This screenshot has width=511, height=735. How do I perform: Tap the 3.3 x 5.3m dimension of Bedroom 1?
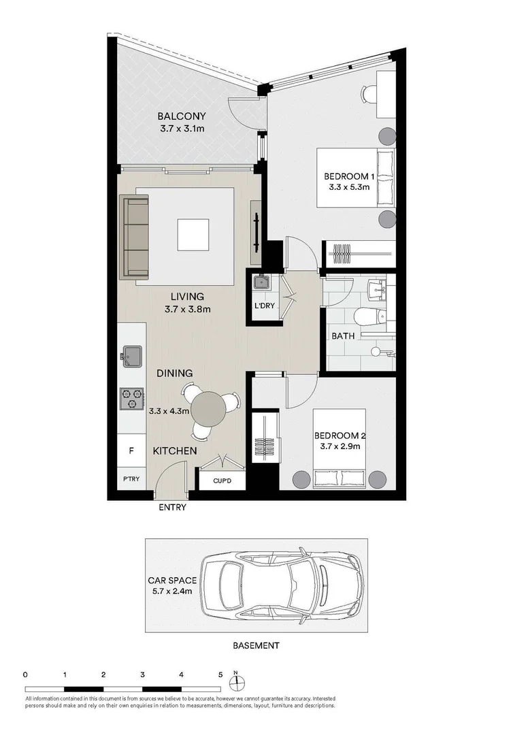click(x=348, y=188)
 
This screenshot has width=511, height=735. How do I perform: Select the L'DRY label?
click(x=264, y=306)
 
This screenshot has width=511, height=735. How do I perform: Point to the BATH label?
click(x=342, y=336)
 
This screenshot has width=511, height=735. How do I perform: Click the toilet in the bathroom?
click(x=368, y=316)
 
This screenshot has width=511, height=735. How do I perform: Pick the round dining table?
click(x=209, y=409)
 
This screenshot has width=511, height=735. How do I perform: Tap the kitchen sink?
click(x=132, y=355)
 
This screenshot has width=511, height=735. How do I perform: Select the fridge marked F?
click(x=131, y=450)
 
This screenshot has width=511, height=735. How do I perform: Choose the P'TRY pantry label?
click(x=131, y=478)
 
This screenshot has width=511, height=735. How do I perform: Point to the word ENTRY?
click(x=171, y=507)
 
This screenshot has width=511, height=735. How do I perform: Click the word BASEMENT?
click(x=256, y=644)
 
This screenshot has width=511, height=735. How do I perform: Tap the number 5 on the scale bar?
click(x=220, y=675)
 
